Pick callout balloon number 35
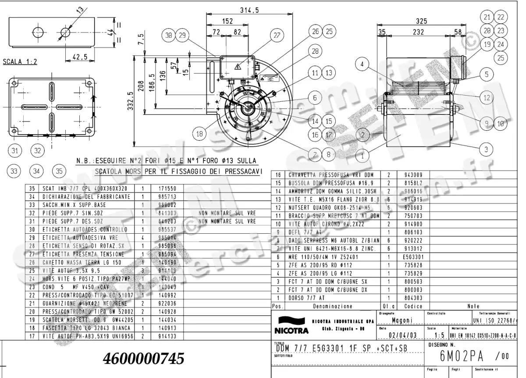coord(58,171)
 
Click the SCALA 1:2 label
coord(20,62)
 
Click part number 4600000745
coord(143,359)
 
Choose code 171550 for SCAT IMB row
coord(161,188)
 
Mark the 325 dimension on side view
coord(421,21)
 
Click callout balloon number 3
coord(486,150)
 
